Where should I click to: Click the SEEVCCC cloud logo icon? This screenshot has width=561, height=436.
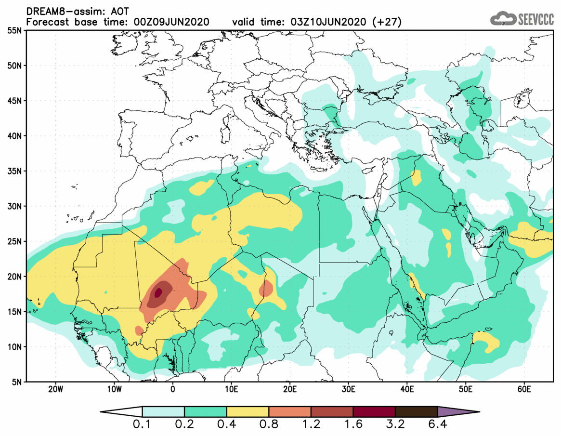(x=503, y=18)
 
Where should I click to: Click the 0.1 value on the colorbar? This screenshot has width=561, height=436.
(x=143, y=426)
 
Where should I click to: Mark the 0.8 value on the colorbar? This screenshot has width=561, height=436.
(x=269, y=426)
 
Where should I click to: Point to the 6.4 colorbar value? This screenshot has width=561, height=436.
(x=437, y=426)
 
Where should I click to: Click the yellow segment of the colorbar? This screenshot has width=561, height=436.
(x=248, y=412)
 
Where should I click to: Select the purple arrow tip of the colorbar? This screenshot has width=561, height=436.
(x=457, y=412)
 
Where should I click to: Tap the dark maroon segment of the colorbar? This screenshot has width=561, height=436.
(x=374, y=412)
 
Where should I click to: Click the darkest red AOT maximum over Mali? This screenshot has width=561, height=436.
(x=158, y=292)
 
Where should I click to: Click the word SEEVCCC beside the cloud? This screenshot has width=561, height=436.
(x=535, y=19)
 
